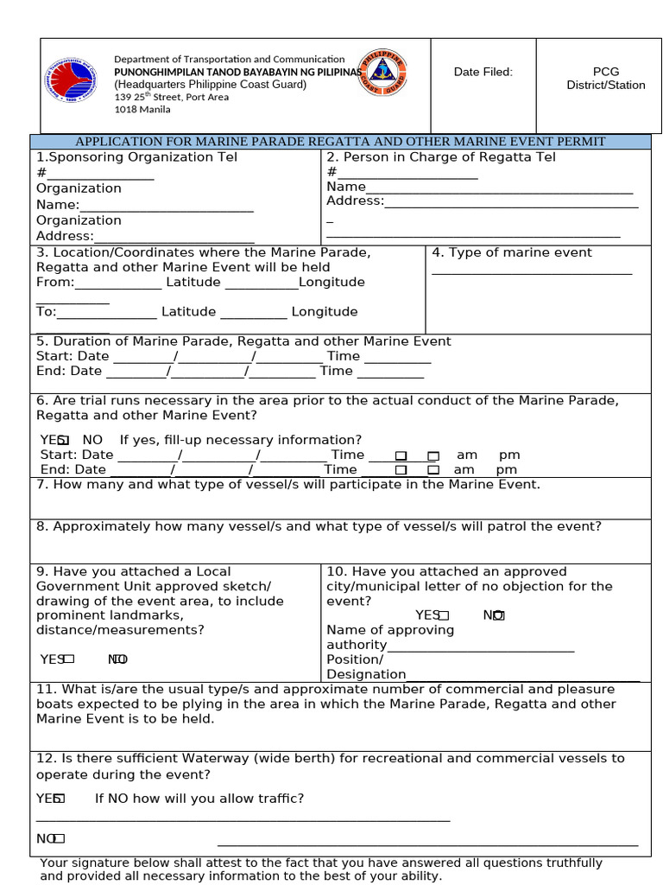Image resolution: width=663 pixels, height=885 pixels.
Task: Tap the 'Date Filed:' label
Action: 483,72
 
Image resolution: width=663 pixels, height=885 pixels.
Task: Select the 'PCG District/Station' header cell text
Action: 605,79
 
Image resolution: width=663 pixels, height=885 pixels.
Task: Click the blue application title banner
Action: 340,142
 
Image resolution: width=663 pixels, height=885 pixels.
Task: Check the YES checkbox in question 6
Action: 64,441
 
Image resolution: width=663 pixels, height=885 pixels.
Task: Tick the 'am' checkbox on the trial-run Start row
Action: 401,455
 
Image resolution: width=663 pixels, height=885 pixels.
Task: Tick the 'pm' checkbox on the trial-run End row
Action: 433,470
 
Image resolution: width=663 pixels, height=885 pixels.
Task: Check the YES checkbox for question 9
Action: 69,659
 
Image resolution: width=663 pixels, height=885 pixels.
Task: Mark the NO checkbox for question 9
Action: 121,659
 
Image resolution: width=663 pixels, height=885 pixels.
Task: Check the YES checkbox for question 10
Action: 444,615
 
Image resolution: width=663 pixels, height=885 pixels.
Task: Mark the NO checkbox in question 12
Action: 60,838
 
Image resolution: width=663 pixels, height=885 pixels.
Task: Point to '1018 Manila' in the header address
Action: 142,110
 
